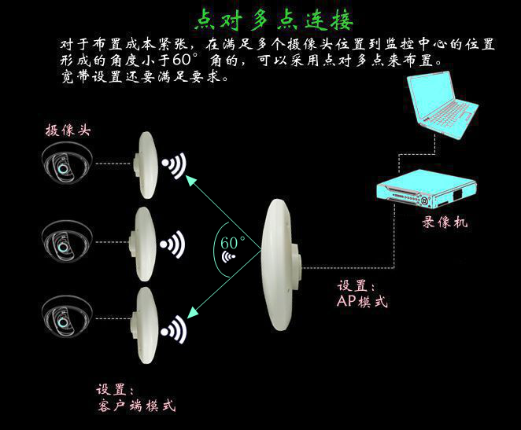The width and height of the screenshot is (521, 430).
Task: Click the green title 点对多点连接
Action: [x=273, y=20]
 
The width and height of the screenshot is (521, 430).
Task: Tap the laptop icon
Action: [x=442, y=105]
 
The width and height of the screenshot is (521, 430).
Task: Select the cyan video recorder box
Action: [x=427, y=189]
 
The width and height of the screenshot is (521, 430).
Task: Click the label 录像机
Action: [x=445, y=222]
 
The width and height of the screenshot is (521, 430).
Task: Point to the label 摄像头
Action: [x=68, y=130]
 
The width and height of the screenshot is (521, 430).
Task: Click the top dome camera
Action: [x=67, y=163]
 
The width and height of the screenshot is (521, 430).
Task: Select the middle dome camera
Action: [x=67, y=241]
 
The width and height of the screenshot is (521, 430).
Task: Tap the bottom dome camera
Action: [x=67, y=316]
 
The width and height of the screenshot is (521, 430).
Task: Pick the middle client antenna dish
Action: [x=142, y=244]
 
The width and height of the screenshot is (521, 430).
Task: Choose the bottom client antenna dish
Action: [x=143, y=325]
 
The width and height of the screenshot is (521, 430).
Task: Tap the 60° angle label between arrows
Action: [x=232, y=243]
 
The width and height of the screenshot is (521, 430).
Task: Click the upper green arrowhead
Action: [x=191, y=181]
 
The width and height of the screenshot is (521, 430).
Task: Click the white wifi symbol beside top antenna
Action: [x=174, y=165]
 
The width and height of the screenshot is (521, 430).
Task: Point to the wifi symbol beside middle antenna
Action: [x=172, y=244]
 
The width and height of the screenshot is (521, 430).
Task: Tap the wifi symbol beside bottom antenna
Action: [x=173, y=329]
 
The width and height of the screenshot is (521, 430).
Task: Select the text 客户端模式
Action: [x=137, y=406]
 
